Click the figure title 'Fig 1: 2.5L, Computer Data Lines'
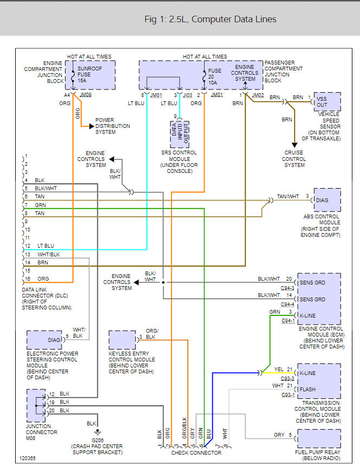211,19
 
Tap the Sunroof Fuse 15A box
94,74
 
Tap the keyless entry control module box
122,340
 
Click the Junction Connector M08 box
38,405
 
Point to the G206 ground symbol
97,432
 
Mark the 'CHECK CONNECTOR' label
196,452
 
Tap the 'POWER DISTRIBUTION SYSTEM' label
113,126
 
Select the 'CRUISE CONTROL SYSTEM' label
294,159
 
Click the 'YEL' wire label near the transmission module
279,370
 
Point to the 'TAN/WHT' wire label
287,196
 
